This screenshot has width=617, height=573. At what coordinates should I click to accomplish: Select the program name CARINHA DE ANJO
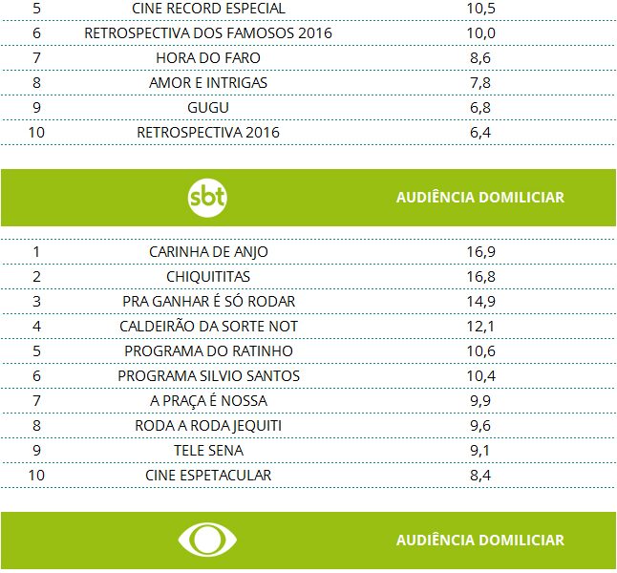point(208,252)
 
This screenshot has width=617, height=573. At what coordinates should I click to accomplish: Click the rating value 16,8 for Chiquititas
point(480,277)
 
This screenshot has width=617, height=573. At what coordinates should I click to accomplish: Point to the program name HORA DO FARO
point(208,58)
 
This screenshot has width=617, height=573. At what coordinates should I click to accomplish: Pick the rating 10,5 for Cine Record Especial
point(480,9)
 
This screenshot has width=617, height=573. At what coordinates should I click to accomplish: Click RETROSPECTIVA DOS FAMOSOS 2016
point(208,33)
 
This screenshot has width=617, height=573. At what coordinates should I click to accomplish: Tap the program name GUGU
point(208,108)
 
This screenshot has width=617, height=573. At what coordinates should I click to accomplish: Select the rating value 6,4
point(480,133)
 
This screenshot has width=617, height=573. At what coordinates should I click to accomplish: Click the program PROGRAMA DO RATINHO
point(208,351)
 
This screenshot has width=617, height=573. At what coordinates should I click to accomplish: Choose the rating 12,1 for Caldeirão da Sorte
point(480,327)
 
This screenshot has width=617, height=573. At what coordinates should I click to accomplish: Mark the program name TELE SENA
point(208,451)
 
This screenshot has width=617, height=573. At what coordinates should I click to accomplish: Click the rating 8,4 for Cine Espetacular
point(480,476)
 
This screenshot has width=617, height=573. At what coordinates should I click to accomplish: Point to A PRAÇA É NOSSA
point(208,401)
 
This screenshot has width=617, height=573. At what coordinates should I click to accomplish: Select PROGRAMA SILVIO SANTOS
point(208,376)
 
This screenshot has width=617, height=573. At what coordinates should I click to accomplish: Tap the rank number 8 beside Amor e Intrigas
point(36,83)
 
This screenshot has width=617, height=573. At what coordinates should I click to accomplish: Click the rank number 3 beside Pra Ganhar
point(36,302)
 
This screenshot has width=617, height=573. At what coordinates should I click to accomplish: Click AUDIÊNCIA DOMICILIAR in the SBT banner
point(479,198)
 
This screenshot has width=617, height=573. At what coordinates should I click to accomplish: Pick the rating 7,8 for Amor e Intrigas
point(480,83)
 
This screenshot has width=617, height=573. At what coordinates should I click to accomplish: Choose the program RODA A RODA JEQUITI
point(208,426)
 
